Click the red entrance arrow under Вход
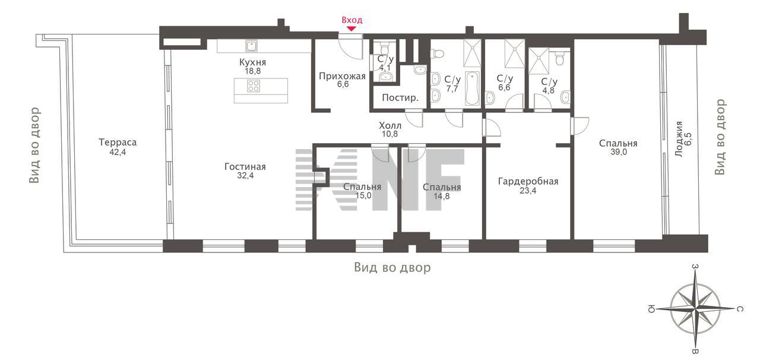tap(351, 29)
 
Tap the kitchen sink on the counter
tap(251, 46)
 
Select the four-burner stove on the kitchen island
tap(254, 86)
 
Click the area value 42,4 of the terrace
tap(118, 152)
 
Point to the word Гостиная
tap(245, 167)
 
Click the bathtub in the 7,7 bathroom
tap(472, 89)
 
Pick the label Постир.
tap(400, 98)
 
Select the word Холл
tap(390, 126)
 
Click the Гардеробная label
tap(528, 181)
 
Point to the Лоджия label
tap(679, 139)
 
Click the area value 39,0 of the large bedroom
tap(619, 152)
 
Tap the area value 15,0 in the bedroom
tap(363, 195)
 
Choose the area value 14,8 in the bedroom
tap(441, 196)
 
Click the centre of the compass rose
tap(695, 309)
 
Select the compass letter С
tap(740, 309)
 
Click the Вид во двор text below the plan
tap(392, 267)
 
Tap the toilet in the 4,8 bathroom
tap(560, 58)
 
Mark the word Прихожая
tap(342, 76)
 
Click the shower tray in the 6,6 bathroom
tap(514, 53)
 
